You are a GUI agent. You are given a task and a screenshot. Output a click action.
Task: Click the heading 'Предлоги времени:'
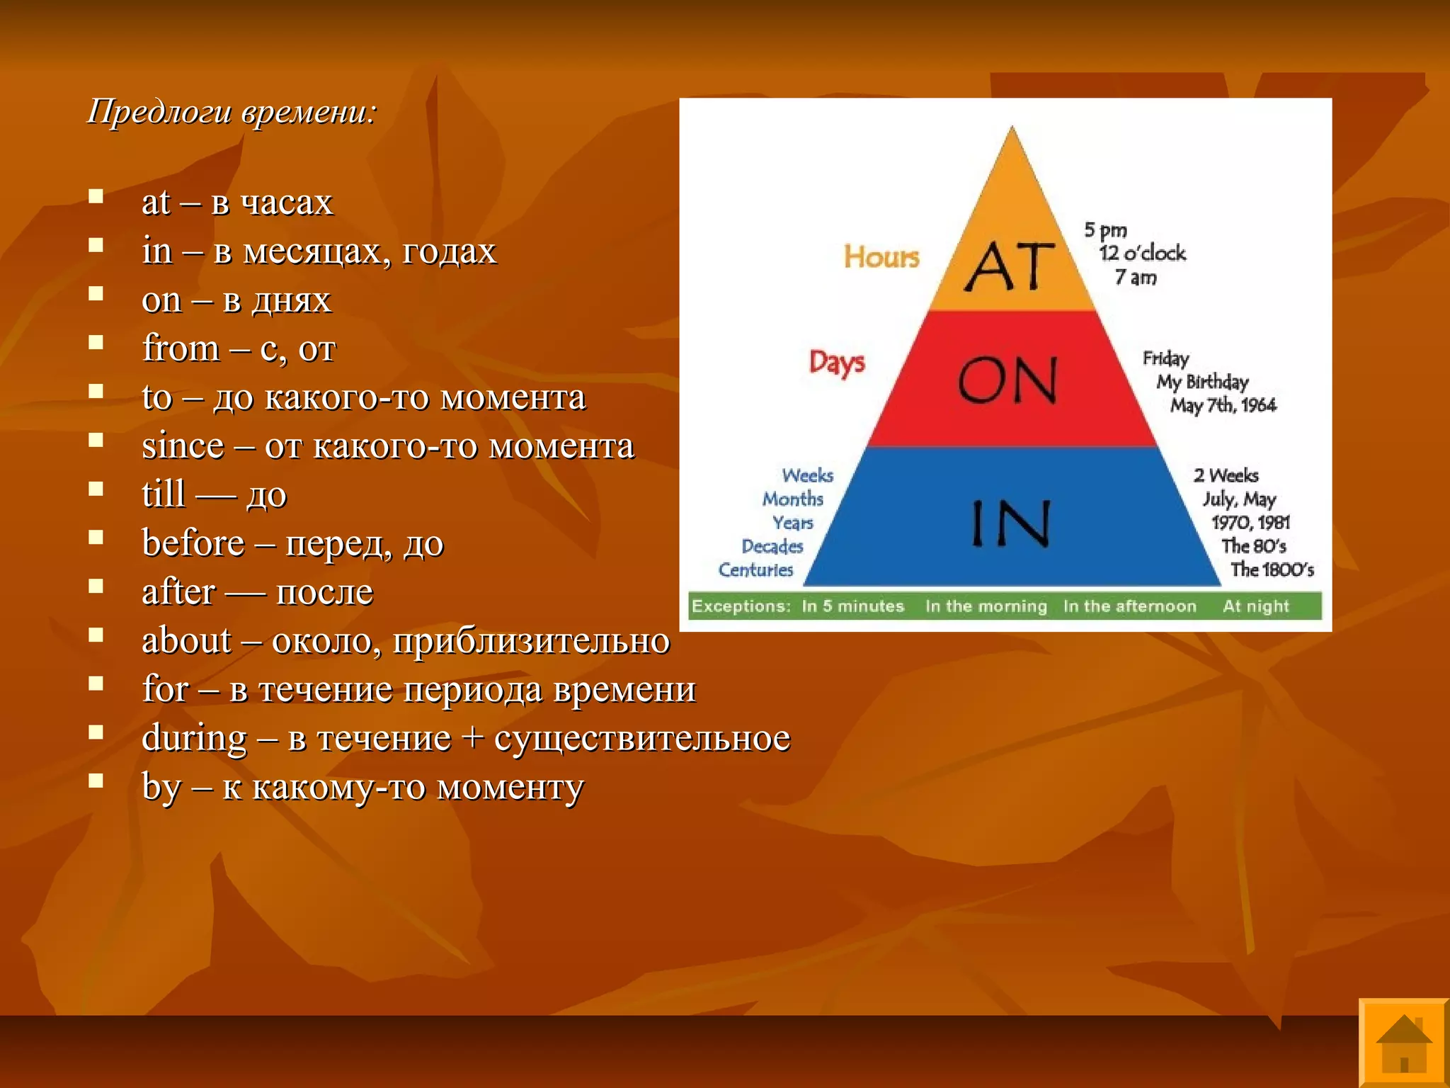(232, 112)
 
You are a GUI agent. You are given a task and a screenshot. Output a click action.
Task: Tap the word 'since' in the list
(183, 446)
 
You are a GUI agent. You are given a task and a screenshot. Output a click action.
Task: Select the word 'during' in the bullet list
(194, 738)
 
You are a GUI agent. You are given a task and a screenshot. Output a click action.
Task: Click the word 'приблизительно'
(531, 641)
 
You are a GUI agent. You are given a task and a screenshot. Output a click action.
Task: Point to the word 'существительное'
(641, 738)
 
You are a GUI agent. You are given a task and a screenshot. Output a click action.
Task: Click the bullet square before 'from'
(96, 343)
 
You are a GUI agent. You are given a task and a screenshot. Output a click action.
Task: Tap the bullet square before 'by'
(96, 781)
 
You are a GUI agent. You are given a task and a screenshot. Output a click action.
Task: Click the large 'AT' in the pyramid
(1010, 267)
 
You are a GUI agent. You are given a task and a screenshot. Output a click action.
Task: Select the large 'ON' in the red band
(1008, 380)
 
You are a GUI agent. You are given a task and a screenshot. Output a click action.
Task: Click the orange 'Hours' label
(881, 257)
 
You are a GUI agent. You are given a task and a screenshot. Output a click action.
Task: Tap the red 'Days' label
(837, 363)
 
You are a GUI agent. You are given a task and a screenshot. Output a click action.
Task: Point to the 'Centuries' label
(755, 569)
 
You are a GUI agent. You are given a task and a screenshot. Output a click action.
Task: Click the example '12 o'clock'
(1142, 254)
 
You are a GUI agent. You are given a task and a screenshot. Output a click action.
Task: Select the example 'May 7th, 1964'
(1223, 405)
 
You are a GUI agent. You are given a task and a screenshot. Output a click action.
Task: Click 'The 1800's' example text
(1272, 569)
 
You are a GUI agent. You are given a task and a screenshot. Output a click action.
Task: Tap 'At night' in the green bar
(1255, 606)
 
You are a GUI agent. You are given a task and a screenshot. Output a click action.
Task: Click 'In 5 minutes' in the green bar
(852, 606)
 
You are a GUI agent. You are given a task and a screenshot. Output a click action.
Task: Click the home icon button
(1403, 1043)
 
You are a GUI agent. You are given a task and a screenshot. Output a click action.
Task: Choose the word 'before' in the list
(193, 543)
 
